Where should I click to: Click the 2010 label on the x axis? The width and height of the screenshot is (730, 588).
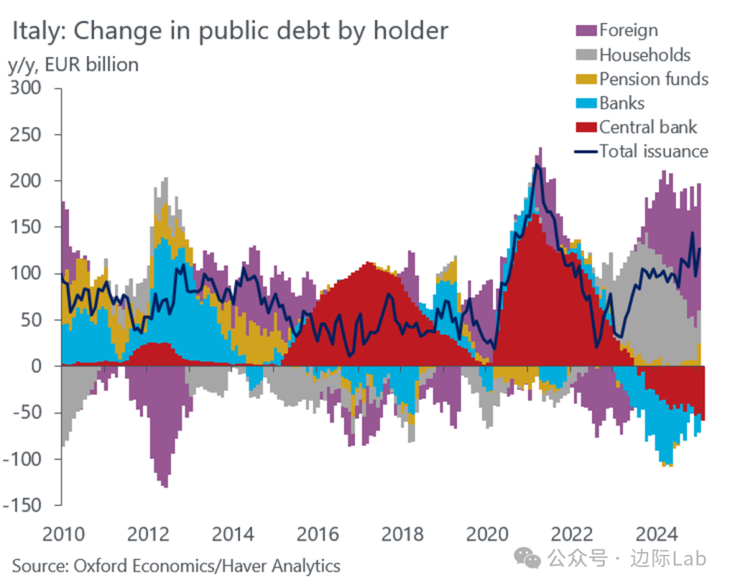[x=64, y=534]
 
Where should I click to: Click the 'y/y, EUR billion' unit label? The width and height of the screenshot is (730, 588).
[x=73, y=65]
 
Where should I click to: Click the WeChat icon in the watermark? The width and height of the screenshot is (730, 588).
[x=527, y=558]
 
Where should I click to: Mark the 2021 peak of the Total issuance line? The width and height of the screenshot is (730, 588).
[x=537, y=164]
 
